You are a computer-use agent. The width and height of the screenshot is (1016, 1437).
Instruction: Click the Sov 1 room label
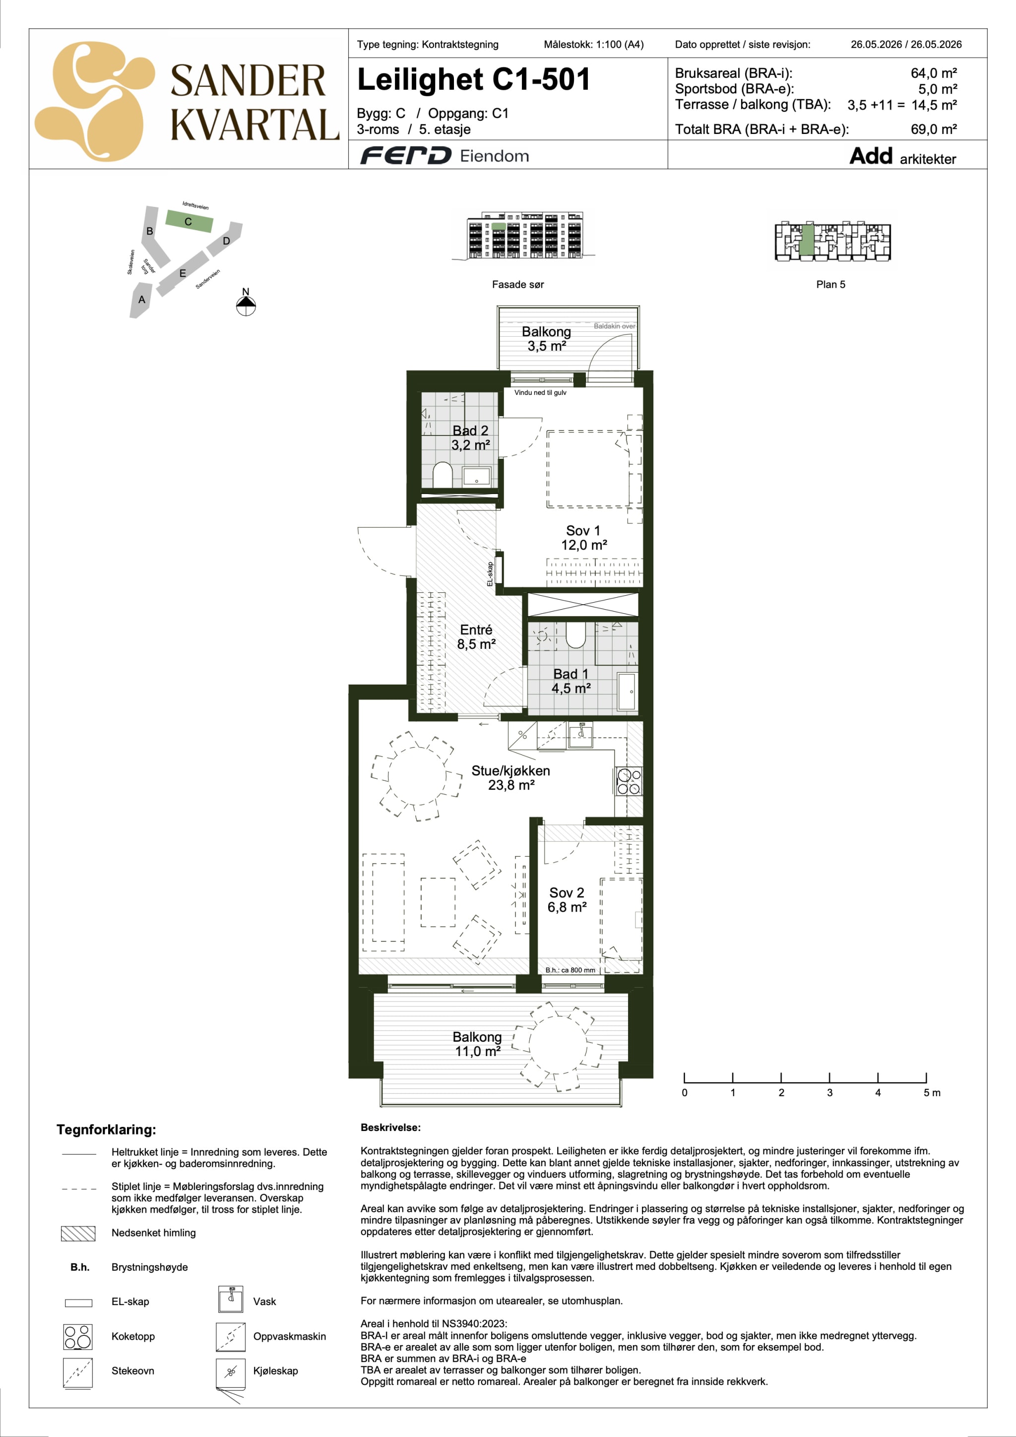(583, 538)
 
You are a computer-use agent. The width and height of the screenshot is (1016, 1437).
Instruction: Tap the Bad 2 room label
(470, 437)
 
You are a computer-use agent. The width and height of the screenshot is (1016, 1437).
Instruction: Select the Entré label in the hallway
(476, 636)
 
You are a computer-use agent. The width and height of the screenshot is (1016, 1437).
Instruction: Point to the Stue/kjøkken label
(511, 777)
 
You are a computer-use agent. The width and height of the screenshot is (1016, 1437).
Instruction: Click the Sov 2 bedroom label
(567, 899)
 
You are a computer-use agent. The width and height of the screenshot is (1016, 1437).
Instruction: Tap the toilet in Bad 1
(575, 634)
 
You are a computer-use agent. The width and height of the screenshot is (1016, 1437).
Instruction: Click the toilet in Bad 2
(442, 474)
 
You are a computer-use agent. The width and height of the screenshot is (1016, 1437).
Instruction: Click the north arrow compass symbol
(246, 305)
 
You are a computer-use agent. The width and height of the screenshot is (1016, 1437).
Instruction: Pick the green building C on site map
(189, 222)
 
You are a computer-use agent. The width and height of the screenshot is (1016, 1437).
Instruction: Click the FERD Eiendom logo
(444, 155)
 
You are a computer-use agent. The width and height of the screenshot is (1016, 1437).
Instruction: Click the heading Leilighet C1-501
(474, 79)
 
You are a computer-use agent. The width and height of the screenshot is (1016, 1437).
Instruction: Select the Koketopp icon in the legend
(77, 1337)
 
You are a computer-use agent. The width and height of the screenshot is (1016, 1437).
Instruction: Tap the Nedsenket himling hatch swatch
(78, 1233)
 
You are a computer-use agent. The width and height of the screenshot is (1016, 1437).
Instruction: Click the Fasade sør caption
(518, 284)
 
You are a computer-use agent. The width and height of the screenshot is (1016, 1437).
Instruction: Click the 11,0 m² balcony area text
(478, 1052)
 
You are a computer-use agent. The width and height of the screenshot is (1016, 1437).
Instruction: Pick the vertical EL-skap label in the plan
(490, 574)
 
